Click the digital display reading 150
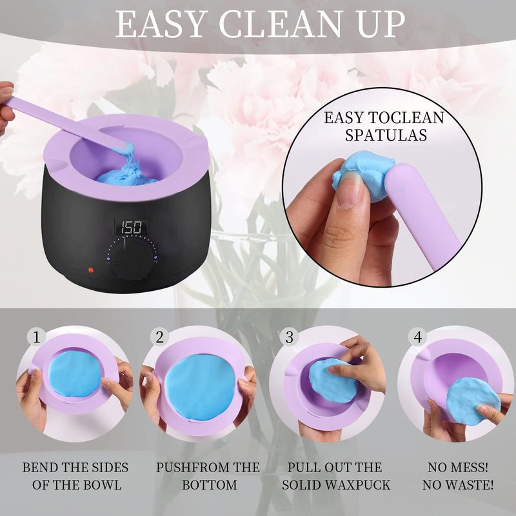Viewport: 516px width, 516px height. pyautogui.click(x=131, y=227)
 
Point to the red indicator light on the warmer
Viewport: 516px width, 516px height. pyautogui.click(x=91, y=270)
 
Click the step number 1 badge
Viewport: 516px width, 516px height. pyautogui.click(x=37, y=337)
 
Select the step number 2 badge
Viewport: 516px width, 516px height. pyautogui.click(x=159, y=337)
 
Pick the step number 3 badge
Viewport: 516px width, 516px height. pyautogui.click(x=289, y=337)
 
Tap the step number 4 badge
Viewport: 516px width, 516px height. pyautogui.click(x=417, y=337)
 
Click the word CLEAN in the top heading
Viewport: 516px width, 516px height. pyautogui.click(x=280, y=25)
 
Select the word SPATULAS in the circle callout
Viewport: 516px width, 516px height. pyautogui.click(x=386, y=135)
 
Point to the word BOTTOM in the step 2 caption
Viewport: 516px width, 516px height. pyautogui.click(x=210, y=485)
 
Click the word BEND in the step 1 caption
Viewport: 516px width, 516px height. pyautogui.click(x=35, y=467)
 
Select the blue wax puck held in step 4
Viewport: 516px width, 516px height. pyautogui.click(x=473, y=401)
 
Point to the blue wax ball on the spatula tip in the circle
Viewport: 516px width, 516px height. pyautogui.click(x=361, y=174)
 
